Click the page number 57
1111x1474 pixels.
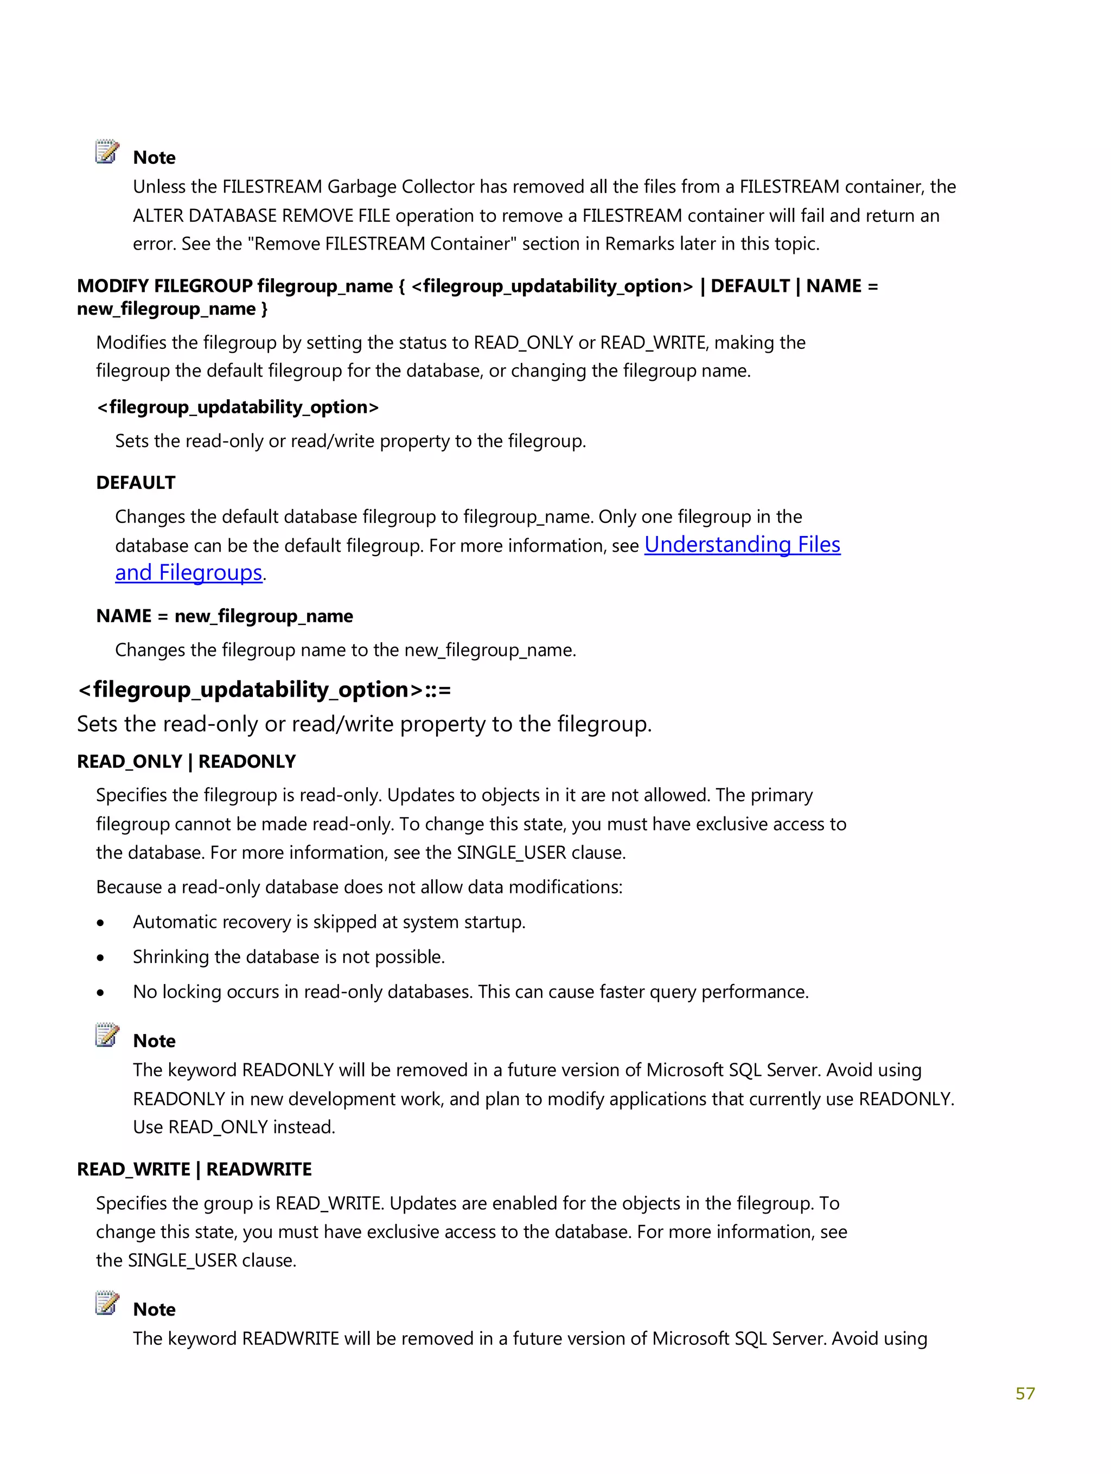[x=1024, y=1393]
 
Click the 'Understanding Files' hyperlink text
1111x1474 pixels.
[x=742, y=545]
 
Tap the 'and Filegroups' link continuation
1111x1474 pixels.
[x=189, y=572]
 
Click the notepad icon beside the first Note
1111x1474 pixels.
[x=107, y=152]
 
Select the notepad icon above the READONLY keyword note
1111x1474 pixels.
[x=107, y=1035]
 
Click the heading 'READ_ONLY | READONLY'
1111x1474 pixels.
[x=186, y=761]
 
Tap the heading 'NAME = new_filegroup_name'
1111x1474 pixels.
[x=224, y=616]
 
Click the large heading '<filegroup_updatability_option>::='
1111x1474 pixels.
[x=264, y=689]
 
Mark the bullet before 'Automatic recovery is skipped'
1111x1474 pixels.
[x=100, y=923]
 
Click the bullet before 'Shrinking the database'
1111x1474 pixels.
[x=100, y=958]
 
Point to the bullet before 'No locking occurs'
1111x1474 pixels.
[x=100, y=993]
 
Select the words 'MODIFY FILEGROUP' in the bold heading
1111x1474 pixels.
[x=164, y=286]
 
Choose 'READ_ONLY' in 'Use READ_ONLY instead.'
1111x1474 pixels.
[x=218, y=1127]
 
